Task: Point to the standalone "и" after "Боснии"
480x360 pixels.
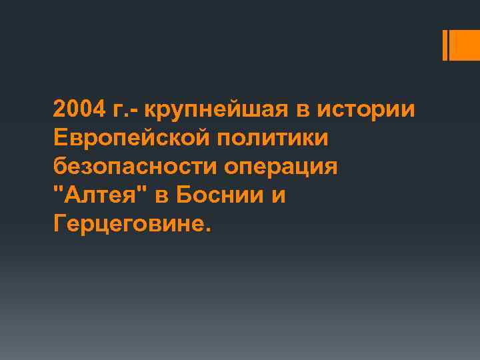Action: pos(277,198)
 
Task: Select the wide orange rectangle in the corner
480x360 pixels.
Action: pos(465,45)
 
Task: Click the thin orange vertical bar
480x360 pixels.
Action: pos(445,45)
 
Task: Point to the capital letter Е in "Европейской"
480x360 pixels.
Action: pos(61,139)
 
